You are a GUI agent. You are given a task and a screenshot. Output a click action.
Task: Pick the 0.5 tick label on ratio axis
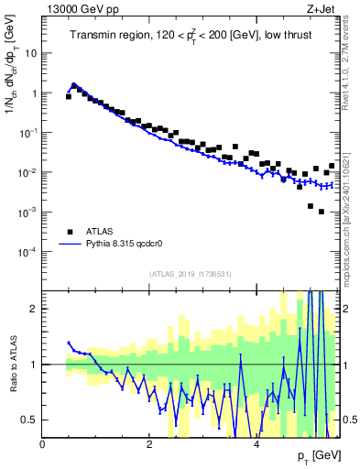click(30, 420)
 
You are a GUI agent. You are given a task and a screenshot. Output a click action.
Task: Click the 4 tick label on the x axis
click(256, 443)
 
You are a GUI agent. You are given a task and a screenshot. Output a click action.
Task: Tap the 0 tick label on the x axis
click(43, 443)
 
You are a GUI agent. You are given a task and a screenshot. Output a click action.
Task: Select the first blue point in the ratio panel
click(69, 343)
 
